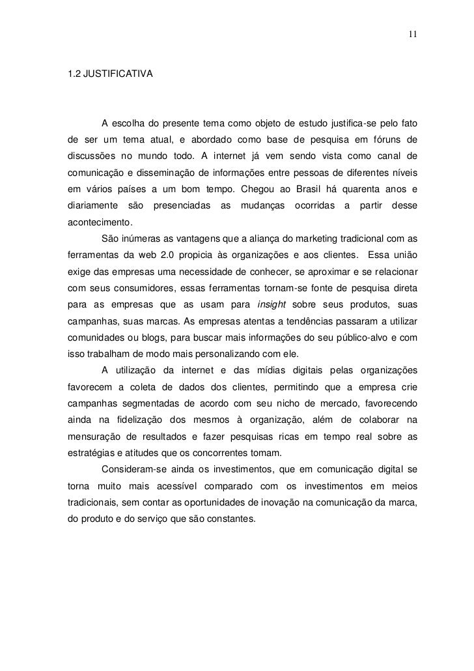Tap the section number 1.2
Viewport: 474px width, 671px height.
click(x=76, y=78)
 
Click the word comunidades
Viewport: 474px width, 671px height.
click(x=97, y=338)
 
